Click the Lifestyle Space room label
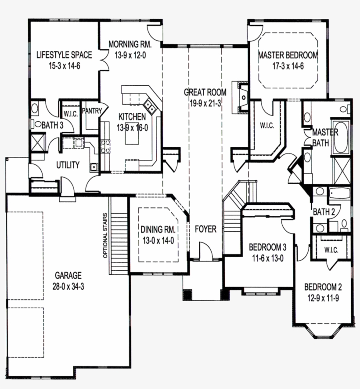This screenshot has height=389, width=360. tap(64, 55)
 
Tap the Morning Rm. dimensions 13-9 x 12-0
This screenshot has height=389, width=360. tap(130, 56)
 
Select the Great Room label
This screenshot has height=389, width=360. tap(205, 92)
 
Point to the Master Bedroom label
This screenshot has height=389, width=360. tap(288, 55)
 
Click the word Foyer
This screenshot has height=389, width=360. tap(205, 229)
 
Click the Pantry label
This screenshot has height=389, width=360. tap(92, 111)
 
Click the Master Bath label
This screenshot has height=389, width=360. tap(324, 137)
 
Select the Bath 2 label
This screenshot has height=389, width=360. tap(324, 212)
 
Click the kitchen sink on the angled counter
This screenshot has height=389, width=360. tap(150, 105)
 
